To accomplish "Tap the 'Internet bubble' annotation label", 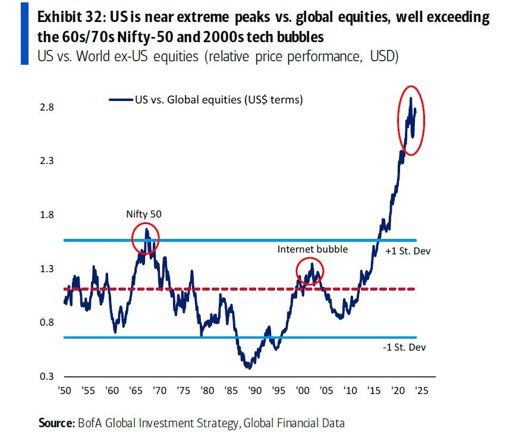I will tap(312, 249).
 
